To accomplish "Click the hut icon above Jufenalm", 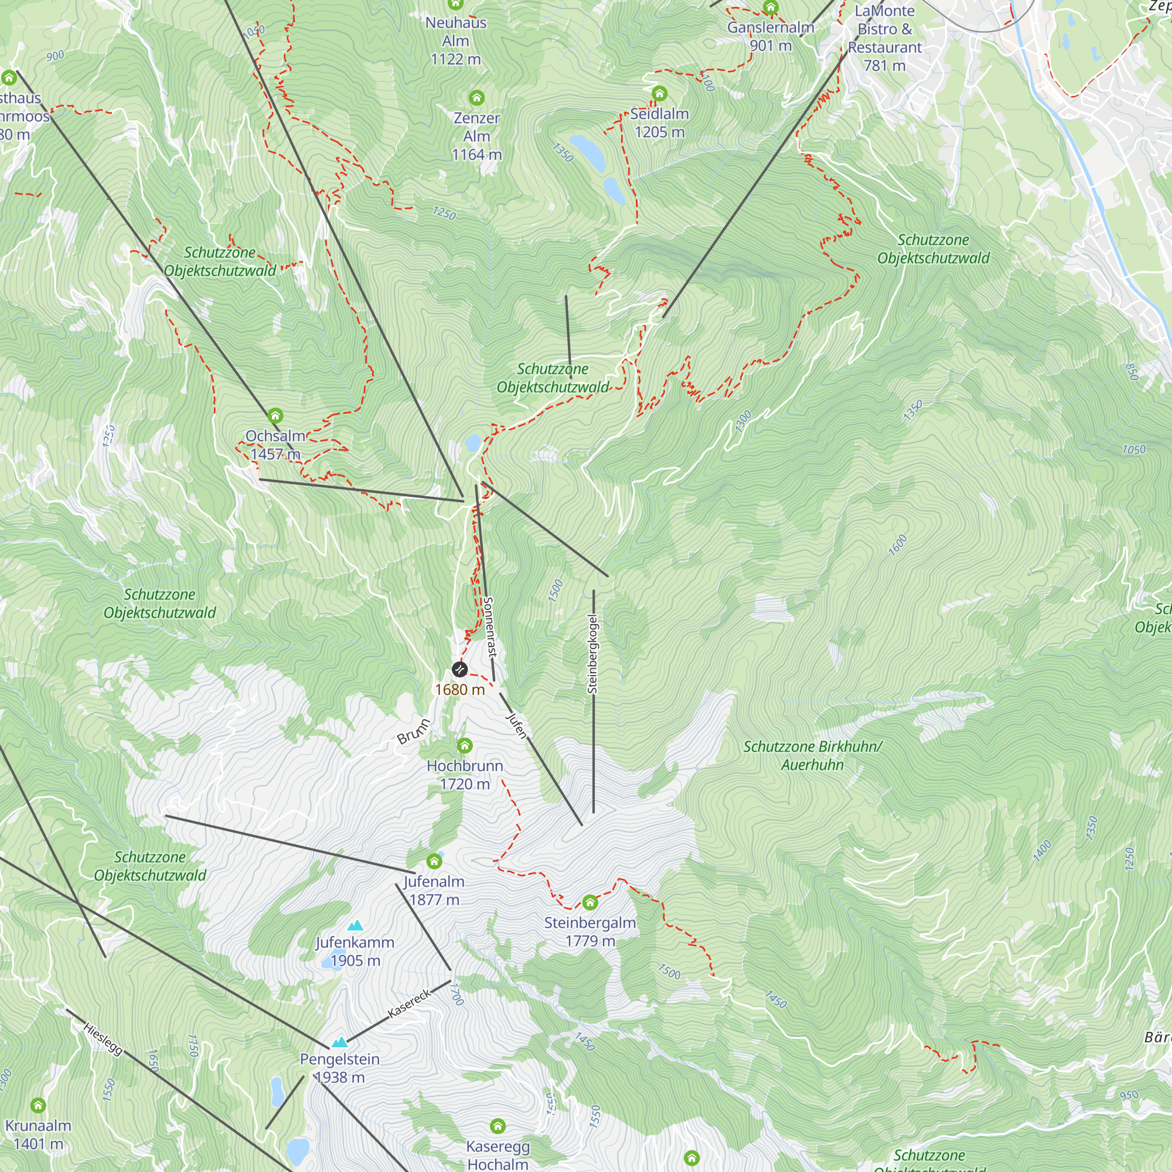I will pos(434,861).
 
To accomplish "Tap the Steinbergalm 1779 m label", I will pos(590,932).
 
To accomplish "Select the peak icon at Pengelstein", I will pos(339,1042).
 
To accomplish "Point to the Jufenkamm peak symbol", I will pos(355,926).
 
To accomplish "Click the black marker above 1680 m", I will pos(460,670).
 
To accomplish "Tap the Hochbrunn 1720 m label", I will pos(465,775).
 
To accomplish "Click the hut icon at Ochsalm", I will pos(275,416).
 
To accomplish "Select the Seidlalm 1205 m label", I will pos(659,122).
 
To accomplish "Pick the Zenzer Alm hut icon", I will pos(477,98).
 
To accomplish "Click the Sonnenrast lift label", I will pos(489,626).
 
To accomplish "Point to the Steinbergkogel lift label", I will pos(592,654).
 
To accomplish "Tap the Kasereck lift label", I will pos(410,1003).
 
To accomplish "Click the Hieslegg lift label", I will pos(103,1038).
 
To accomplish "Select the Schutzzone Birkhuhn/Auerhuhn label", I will pos(812,755).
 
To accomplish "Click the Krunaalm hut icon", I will pos(38,1105).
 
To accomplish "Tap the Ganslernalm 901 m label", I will pos(771,36).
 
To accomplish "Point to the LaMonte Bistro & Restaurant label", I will pos(884,38).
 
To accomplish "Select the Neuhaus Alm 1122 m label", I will pos(455,40).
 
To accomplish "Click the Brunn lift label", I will pos(414,731).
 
